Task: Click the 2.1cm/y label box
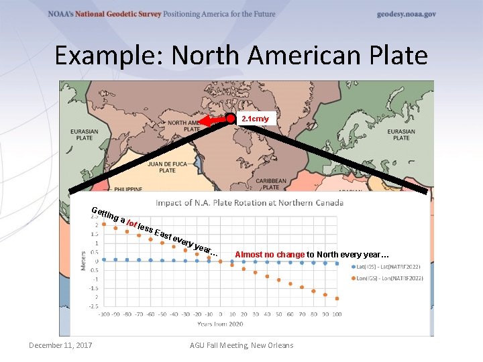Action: [255, 119]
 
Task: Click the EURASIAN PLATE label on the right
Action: [401, 134]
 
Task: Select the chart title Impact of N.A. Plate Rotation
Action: [250, 202]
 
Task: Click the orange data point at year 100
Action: [337, 298]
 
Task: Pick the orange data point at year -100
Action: [104, 224]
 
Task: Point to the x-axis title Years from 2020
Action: [221, 324]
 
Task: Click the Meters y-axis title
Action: [84, 261]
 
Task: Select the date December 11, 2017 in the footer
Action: [60, 345]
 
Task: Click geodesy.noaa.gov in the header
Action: [407, 14]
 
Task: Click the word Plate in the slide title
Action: [396, 55]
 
